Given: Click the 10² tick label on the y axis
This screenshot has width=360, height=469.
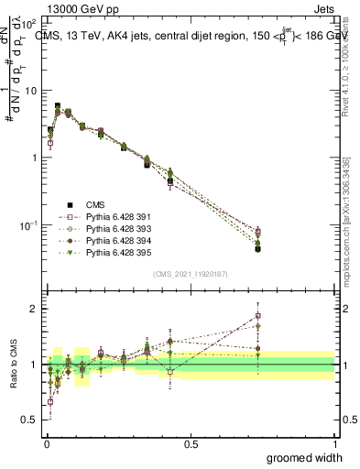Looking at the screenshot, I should pos(29,21).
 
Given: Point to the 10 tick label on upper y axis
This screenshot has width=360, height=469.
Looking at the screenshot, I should pos(31,90).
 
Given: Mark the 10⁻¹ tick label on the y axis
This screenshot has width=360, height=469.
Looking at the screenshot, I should pos(28,225).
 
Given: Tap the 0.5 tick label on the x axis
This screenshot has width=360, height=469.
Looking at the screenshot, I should pos(191,442).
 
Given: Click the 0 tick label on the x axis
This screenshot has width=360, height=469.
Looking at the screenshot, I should pos(46,442).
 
